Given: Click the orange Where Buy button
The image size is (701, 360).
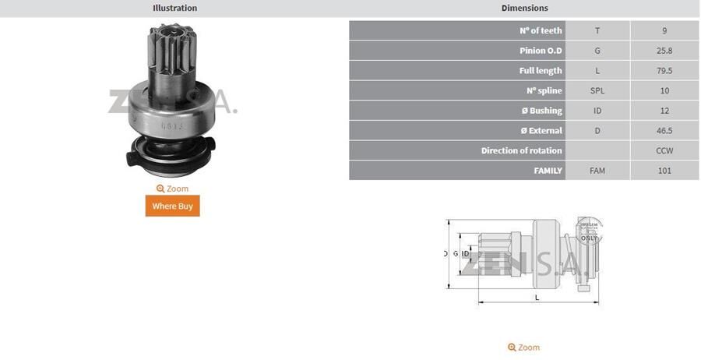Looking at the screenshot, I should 172,206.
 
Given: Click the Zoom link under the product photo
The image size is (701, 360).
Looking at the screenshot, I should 172,189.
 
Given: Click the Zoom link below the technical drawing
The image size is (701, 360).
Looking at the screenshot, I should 523,348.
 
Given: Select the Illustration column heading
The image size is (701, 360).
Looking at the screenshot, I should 174,8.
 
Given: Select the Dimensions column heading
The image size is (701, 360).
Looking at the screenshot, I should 524,8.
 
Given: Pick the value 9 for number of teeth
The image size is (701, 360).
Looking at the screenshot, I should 664,30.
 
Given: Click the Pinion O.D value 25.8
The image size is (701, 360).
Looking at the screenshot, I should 664,51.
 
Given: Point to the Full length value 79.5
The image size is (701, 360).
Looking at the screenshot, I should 664,71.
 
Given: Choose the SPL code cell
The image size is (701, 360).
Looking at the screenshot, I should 597,90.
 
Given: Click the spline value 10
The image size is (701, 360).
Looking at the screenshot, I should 664,90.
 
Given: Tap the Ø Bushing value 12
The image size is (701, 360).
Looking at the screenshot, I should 664,111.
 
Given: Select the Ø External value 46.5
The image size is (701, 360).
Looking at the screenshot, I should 664,131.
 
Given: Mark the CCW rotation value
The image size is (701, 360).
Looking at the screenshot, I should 664,150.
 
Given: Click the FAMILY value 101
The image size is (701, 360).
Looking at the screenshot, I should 664,171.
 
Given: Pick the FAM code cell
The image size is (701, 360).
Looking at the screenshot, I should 597,171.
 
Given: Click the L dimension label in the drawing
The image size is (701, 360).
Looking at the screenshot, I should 537,298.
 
